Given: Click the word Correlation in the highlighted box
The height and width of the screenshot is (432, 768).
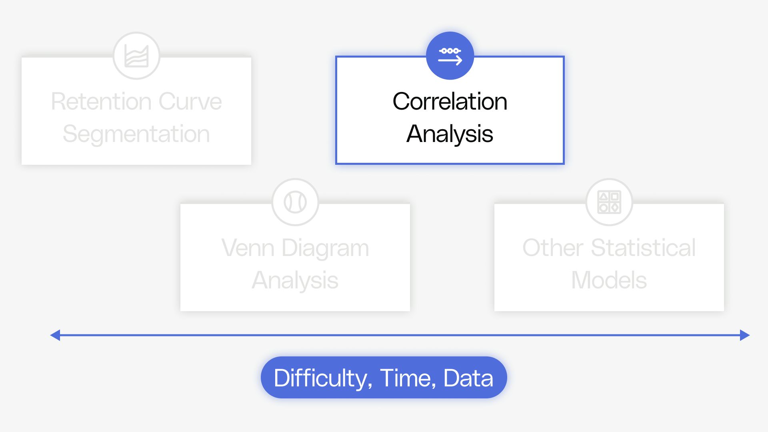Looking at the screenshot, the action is click(450, 101).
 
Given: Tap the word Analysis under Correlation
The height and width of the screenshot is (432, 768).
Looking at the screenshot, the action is click(450, 134).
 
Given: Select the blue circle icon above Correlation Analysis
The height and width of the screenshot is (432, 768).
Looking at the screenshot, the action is click(450, 56).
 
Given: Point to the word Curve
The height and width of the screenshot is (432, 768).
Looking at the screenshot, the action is click(190, 101).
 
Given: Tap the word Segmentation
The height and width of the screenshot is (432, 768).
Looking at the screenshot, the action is click(136, 134).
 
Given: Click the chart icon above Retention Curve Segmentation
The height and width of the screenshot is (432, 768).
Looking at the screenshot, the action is click(136, 56).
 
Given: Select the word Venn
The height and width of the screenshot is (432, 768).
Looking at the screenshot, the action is click(248, 248).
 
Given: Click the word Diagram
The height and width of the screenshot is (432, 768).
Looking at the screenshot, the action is click(325, 248).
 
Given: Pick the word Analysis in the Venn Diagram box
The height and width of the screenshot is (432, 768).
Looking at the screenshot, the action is click(295, 280).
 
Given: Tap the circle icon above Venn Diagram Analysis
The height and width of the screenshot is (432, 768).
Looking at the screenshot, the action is click(295, 202).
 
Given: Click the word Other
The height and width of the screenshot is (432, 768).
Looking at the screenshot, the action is click(553, 248).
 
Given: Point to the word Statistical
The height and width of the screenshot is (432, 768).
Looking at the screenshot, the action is click(644, 248).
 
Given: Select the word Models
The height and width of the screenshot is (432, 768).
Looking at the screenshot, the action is click(609, 280).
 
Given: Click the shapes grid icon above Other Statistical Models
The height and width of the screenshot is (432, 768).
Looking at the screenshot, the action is click(609, 202).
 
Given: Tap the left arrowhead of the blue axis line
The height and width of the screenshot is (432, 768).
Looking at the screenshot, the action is click(55, 335).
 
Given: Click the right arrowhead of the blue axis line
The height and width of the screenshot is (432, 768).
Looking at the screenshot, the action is click(745, 335).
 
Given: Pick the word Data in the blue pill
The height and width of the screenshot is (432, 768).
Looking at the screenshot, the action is click(468, 378).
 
